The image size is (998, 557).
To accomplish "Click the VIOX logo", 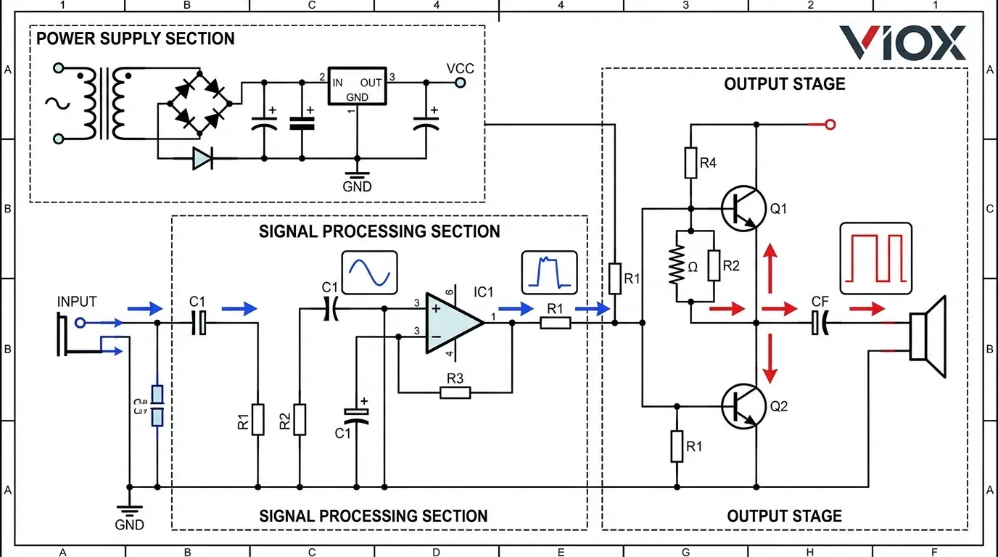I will [x=902, y=44].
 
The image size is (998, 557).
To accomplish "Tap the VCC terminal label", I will [x=461, y=68].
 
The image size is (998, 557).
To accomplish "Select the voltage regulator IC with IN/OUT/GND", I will [x=357, y=87].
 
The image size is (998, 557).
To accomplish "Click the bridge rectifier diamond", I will [x=197, y=102].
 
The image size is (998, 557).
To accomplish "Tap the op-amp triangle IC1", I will [x=451, y=323].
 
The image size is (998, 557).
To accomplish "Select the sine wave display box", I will [x=370, y=273].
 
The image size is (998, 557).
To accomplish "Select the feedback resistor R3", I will [x=455, y=393].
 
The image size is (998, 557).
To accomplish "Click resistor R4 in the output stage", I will [x=690, y=164].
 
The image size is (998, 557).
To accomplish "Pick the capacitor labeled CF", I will [x=820, y=322].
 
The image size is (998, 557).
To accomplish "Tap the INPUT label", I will [x=77, y=302].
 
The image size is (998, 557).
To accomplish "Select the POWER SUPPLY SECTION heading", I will [x=136, y=38].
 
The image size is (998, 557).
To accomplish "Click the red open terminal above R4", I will [x=830, y=125].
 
